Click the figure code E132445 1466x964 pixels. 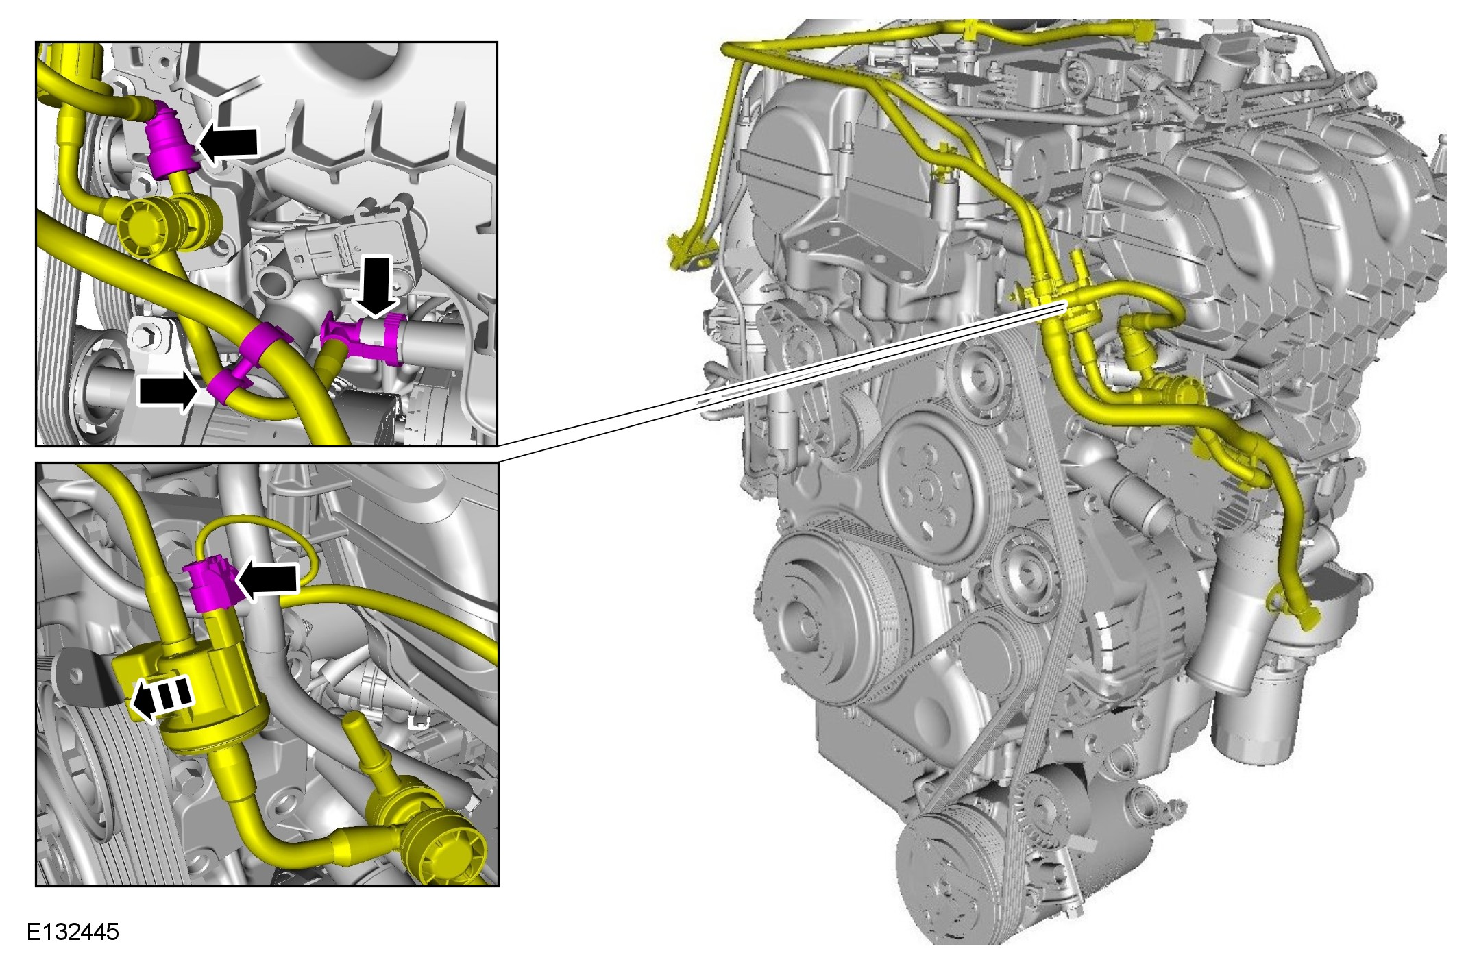(x=73, y=932)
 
